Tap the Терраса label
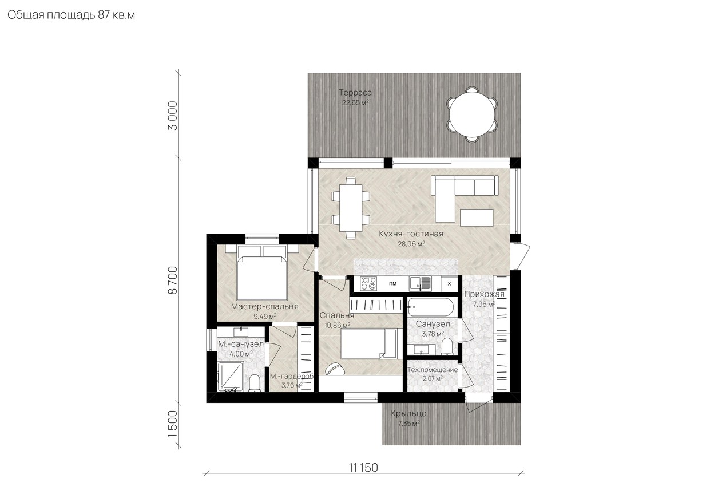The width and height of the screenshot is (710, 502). point(355,93)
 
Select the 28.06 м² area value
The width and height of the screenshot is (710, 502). point(411,243)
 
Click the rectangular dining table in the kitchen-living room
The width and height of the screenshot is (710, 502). point(351,208)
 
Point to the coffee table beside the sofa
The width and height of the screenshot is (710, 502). point(477,218)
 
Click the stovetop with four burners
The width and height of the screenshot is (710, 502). point(368,283)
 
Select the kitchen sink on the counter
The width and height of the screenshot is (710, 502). point(420,283)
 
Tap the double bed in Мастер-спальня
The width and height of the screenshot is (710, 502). point(262,272)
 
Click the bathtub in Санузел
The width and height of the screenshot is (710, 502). point(431,307)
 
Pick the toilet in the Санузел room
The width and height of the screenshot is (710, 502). point(447,346)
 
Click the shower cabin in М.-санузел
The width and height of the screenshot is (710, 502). point(231,377)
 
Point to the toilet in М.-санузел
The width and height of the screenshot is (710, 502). point(254,383)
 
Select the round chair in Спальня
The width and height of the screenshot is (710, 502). point(335,369)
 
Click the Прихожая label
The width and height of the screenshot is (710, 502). point(484,294)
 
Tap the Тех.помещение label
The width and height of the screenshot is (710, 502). point(433,370)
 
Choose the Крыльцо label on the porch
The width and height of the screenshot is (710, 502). point(408,413)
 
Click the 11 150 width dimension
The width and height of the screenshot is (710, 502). point(363,468)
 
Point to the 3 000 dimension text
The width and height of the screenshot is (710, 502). point(173,116)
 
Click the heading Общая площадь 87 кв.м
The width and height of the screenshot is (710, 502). point(72,15)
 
